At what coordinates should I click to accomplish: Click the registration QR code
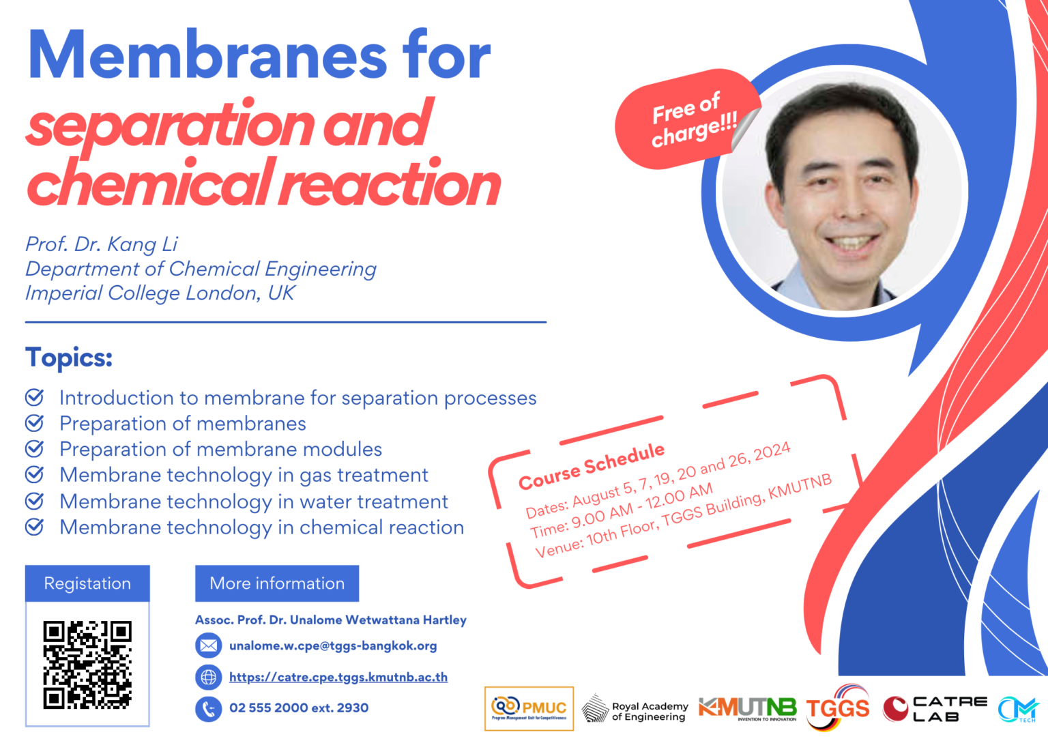click(x=87, y=665)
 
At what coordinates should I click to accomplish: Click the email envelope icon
click(x=209, y=645)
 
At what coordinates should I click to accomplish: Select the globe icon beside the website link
click(x=209, y=677)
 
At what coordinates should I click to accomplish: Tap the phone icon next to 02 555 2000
click(x=209, y=708)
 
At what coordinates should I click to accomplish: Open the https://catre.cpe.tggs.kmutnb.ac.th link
click(x=338, y=677)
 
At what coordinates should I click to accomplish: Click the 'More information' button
click(x=277, y=583)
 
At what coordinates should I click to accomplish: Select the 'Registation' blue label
click(x=87, y=583)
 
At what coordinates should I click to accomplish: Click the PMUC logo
click(x=529, y=708)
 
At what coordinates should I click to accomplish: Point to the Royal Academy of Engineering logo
click(x=635, y=710)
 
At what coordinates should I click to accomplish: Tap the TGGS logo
click(x=838, y=708)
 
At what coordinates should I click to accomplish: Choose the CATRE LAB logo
click(x=935, y=709)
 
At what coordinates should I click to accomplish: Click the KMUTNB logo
click(x=748, y=708)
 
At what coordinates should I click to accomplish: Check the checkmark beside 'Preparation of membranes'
click(x=34, y=423)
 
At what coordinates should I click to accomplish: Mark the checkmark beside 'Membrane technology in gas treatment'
click(x=34, y=475)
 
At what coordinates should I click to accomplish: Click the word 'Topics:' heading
click(x=69, y=358)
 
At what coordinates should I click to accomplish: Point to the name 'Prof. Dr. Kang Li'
click(x=102, y=244)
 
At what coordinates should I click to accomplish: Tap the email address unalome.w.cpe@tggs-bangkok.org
click(x=333, y=645)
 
